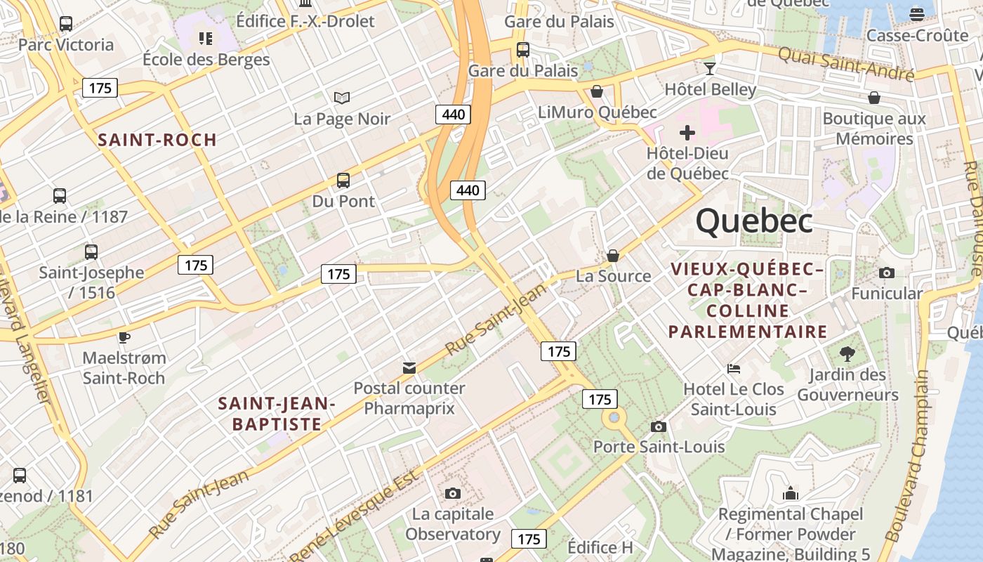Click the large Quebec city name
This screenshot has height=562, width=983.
[x=754, y=221]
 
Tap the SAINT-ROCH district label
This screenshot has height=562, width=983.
[x=157, y=140]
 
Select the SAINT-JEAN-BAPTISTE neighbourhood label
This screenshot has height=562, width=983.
[x=277, y=414]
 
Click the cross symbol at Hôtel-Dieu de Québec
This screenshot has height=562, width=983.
[x=687, y=132]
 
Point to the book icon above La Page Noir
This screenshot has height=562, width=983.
[x=342, y=98]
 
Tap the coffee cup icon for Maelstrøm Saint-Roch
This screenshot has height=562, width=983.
[x=124, y=337]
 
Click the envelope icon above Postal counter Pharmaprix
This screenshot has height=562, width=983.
[x=409, y=367]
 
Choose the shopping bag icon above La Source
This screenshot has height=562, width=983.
[x=613, y=256]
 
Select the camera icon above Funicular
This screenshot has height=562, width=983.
[x=887, y=273]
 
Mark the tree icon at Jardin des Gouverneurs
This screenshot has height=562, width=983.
[x=847, y=353]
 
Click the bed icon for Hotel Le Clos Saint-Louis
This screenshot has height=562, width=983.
[x=734, y=368]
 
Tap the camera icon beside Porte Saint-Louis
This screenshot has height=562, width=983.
[x=658, y=426]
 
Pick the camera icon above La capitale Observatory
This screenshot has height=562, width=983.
[x=453, y=493]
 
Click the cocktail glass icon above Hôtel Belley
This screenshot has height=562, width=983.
[x=710, y=68]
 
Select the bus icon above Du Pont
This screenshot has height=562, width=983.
[x=343, y=181]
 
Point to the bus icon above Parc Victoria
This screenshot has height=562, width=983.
[x=66, y=24]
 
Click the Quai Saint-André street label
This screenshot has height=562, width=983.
[x=845, y=63]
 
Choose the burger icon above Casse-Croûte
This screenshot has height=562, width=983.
[x=916, y=14]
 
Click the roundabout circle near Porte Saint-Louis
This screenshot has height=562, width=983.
[x=614, y=418]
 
